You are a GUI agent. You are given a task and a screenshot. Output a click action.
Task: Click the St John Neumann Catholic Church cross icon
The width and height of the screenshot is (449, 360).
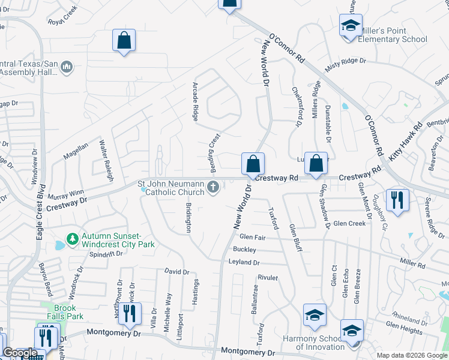(x=212, y=188)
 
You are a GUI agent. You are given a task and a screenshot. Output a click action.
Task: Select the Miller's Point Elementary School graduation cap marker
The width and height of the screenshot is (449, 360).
(x=350, y=25)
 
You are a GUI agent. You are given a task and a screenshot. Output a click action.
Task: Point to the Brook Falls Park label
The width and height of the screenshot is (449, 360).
(x=66, y=311)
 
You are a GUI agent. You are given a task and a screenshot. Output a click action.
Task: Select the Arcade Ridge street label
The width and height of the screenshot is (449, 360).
(x=195, y=101)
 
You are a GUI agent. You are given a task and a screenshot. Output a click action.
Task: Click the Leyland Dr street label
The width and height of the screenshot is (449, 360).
(x=244, y=262)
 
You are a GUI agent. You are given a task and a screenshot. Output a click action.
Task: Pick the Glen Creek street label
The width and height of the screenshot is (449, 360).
(x=349, y=223)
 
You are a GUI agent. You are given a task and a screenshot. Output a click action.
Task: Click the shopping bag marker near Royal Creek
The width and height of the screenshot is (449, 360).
(x=124, y=41)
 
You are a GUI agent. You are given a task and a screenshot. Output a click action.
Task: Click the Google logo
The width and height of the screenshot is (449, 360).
(x=20, y=353)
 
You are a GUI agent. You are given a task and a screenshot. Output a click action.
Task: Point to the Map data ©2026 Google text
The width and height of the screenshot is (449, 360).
(x=412, y=355)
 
